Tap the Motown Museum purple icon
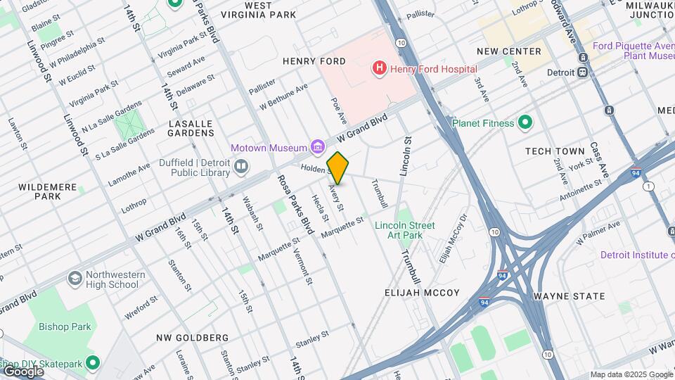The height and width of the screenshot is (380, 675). coord(318,147)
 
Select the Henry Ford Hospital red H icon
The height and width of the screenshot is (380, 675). coord(380,68)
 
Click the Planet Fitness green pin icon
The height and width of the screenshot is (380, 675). coord(525,123)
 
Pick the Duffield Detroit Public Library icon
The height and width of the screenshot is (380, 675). coord(242,166)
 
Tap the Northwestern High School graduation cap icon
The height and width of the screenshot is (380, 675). coord(75,279)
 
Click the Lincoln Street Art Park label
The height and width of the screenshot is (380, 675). coord(404,230)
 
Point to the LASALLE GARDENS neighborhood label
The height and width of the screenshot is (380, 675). coord(191,127)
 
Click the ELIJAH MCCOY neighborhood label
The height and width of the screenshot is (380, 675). coord(422,293)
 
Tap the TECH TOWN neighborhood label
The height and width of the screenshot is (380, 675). coord(555,151)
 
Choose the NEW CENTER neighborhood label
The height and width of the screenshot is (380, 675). coord(509,51)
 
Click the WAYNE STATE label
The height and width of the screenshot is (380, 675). coord(569,296)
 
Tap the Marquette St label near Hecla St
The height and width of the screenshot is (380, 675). coord(342,227)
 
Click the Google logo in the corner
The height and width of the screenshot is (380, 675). coord(22,371)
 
